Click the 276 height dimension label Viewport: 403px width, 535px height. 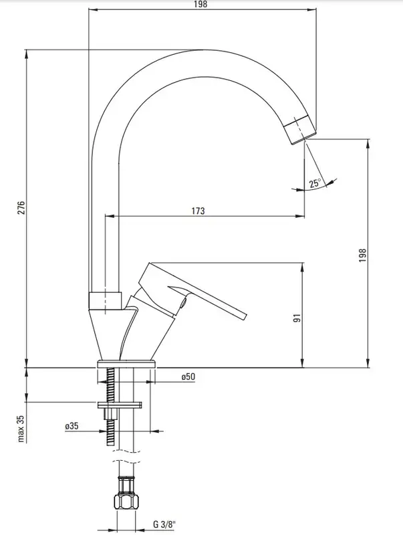(x=21, y=208)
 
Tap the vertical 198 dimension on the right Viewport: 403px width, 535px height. (x=362, y=255)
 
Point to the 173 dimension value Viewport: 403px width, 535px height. (x=198, y=211)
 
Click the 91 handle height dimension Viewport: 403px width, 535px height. (x=297, y=318)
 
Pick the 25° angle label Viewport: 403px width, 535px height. (x=315, y=183)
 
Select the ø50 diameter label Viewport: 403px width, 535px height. (x=188, y=377)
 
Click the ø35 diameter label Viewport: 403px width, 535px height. (x=72, y=426)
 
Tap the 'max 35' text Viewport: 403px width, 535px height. (x=22, y=429)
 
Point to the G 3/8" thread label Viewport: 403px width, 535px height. (x=166, y=524)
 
